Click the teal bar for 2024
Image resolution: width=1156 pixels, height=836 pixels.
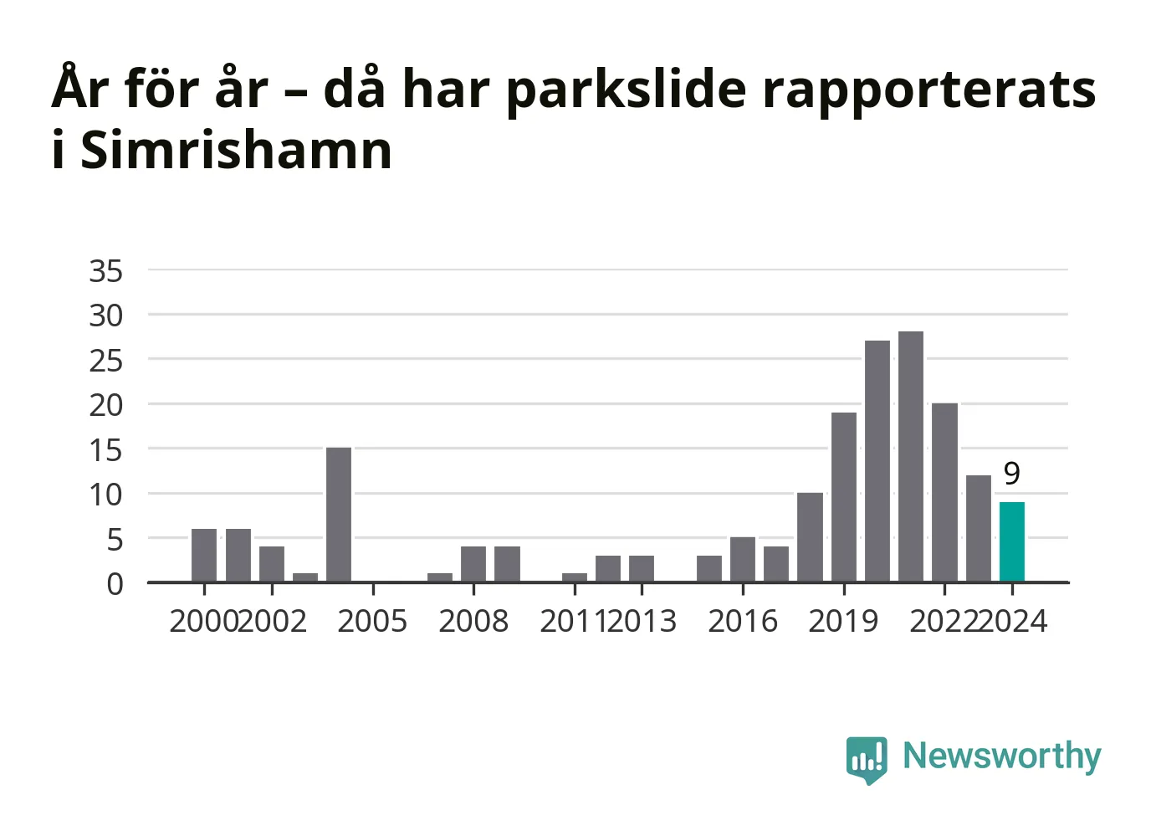(1012, 541)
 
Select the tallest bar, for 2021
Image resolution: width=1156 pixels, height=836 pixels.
(911, 456)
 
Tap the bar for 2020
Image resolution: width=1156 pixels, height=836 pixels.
(877, 461)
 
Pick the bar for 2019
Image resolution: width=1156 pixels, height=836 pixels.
(844, 497)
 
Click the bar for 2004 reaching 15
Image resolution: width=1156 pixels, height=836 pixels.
(339, 515)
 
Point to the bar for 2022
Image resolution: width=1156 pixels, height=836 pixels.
(944, 493)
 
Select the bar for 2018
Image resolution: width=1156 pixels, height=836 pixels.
(811, 537)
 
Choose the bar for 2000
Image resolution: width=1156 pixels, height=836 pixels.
(204, 556)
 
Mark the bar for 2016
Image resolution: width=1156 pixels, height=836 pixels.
(743, 560)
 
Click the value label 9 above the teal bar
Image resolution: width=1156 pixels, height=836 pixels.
(1012, 474)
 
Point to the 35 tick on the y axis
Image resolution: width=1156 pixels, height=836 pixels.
(105, 271)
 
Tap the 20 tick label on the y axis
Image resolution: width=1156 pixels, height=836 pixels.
(105, 406)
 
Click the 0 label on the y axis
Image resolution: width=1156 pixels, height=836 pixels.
(115, 585)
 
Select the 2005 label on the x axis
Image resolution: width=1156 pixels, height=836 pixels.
(372, 621)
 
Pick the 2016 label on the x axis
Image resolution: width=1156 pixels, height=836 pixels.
(743, 621)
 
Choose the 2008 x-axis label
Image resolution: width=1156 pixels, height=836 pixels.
(473, 621)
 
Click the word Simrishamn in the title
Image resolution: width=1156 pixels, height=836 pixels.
(237, 150)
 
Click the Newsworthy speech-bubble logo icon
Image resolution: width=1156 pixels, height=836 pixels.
(867, 760)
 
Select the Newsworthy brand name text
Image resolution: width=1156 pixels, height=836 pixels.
(1002, 757)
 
